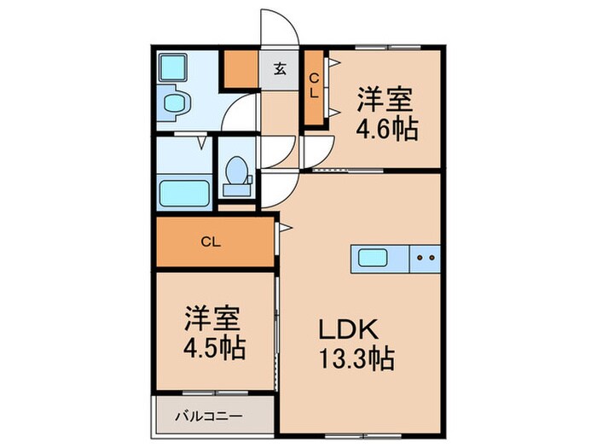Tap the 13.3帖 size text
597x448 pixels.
tap(357, 360)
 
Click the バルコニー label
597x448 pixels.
tap(209, 417)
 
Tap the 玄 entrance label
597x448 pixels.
tap(280, 70)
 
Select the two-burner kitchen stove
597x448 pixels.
tap(426, 257)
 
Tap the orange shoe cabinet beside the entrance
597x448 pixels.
tap(241, 68)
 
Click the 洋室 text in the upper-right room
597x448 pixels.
tap(385, 99)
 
